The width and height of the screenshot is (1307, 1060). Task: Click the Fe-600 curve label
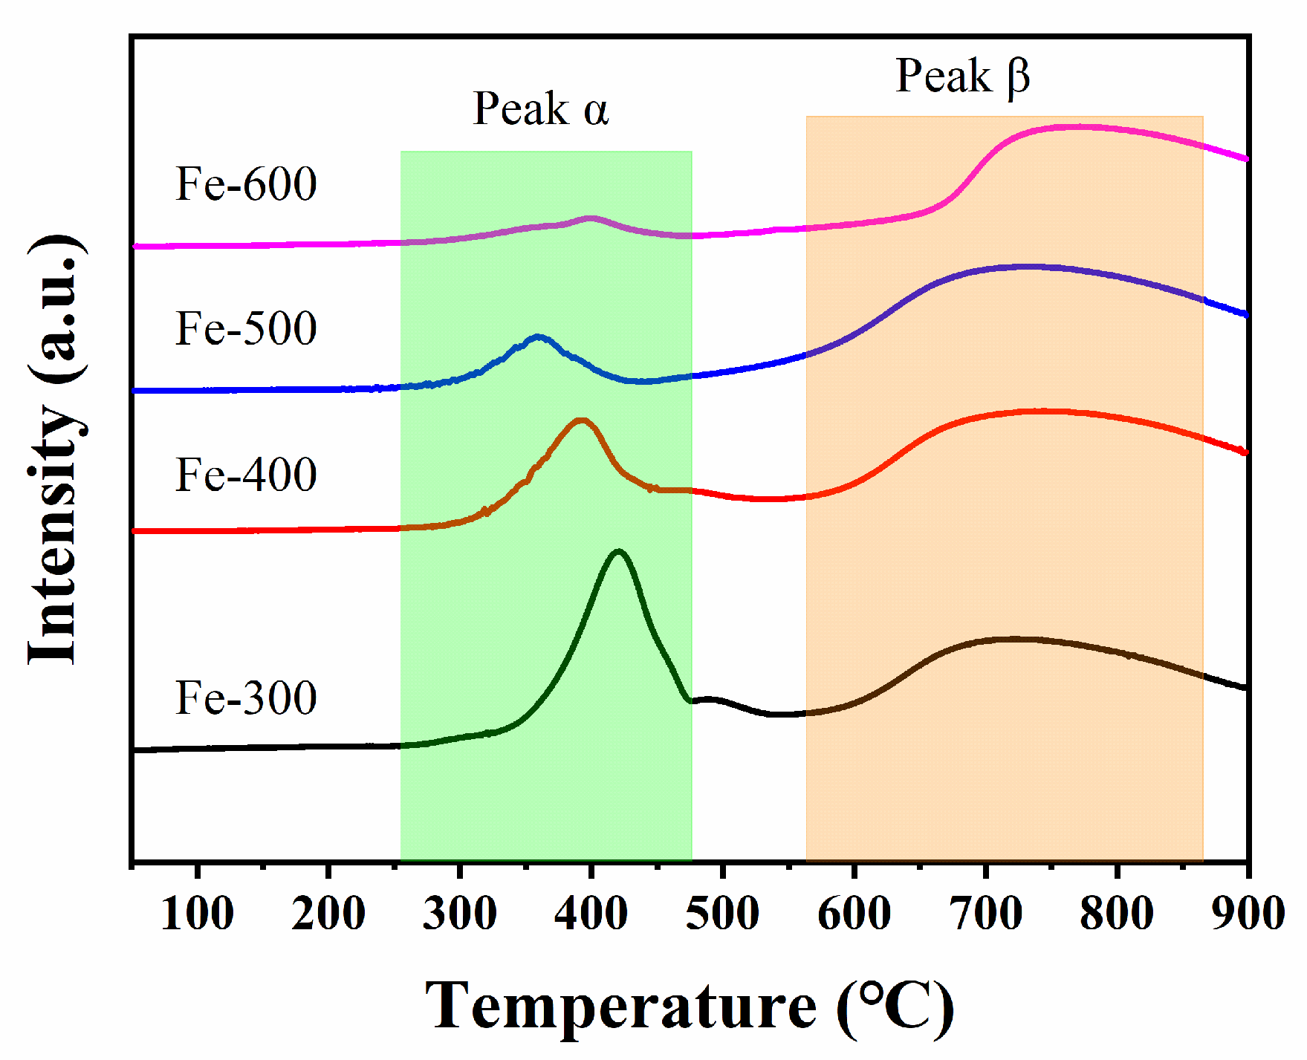click(x=246, y=183)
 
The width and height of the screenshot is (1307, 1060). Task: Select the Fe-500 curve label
click(x=246, y=328)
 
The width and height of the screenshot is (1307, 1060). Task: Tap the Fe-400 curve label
click(x=246, y=475)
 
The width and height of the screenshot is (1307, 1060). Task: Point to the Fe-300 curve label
click(x=246, y=698)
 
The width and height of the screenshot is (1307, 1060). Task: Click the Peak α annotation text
click(x=541, y=109)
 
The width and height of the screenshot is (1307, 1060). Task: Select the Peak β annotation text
click(x=962, y=77)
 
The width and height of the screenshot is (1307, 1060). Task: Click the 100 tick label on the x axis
click(x=197, y=913)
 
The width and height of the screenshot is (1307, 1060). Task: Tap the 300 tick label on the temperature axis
click(x=459, y=913)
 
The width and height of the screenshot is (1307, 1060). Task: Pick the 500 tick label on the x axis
click(x=722, y=913)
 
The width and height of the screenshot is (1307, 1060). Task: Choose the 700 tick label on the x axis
click(x=985, y=913)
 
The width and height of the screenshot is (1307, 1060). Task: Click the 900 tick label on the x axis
click(x=1248, y=913)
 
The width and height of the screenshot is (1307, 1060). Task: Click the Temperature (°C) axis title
click(x=689, y=1007)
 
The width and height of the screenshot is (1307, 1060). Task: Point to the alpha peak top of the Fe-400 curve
click(x=581, y=420)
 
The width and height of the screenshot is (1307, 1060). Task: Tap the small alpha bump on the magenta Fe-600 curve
click(x=591, y=218)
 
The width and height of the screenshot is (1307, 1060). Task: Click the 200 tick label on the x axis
click(x=328, y=913)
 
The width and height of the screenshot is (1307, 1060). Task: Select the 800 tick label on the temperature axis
click(x=1116, y=913)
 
